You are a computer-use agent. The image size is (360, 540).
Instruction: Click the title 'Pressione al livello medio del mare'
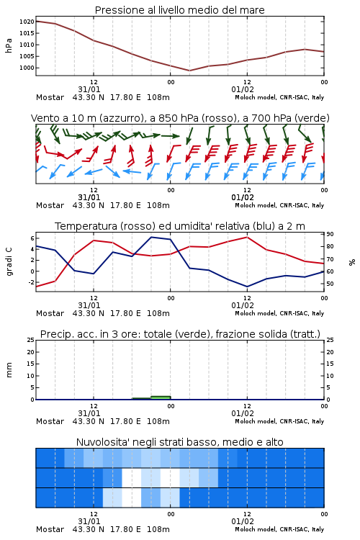(x=179, y=10)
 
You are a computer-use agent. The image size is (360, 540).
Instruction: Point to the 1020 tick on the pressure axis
(x=27, y=22)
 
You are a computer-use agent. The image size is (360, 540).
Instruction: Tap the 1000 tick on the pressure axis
(x=27, y=68)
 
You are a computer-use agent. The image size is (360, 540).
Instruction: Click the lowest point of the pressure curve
(x=189, y=71)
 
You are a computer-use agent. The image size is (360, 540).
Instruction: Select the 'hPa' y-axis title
(x=9, y=45)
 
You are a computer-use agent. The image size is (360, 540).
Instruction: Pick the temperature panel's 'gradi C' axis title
(x=9, y=261)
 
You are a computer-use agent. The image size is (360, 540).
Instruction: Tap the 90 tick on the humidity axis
(x=330, y=234)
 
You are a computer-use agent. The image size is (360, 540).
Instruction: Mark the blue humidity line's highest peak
(x=152, y=237)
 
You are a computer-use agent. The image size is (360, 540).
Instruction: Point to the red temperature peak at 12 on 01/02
(x=247, y=237)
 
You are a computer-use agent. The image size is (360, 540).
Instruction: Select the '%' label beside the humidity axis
(x=352, y=262)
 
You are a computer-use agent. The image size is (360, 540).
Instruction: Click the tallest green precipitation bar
(x=161, y=397)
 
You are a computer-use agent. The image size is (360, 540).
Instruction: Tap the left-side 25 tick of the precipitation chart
(x=31, y=340)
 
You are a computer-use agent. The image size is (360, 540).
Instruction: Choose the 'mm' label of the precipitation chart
(x=9, y=369)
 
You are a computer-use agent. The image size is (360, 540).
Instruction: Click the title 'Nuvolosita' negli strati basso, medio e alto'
(x=179, y=442)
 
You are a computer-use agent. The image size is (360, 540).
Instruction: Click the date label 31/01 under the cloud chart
(x=89, y=521)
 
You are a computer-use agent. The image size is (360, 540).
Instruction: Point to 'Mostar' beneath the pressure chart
(x=50, y=97)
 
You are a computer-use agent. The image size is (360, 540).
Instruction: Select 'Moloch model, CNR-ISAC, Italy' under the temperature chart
(x=279, y=313)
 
